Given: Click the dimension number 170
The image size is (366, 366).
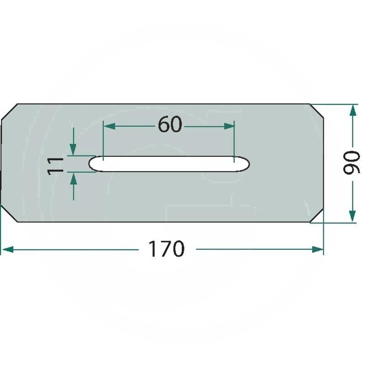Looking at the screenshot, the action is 166,249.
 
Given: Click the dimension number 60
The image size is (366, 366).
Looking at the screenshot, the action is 170,124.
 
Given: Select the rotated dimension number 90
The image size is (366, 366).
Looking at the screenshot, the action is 351,162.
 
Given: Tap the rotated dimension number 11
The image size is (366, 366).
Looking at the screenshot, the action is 55,166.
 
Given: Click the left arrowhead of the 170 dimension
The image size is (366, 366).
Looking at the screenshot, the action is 7,249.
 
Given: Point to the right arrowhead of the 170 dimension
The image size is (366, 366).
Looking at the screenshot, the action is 318,249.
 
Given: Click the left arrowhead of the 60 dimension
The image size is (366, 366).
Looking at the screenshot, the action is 109,126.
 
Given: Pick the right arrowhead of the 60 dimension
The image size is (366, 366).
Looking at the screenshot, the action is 229,126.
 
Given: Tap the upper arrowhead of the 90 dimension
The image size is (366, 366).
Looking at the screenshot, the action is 353,110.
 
